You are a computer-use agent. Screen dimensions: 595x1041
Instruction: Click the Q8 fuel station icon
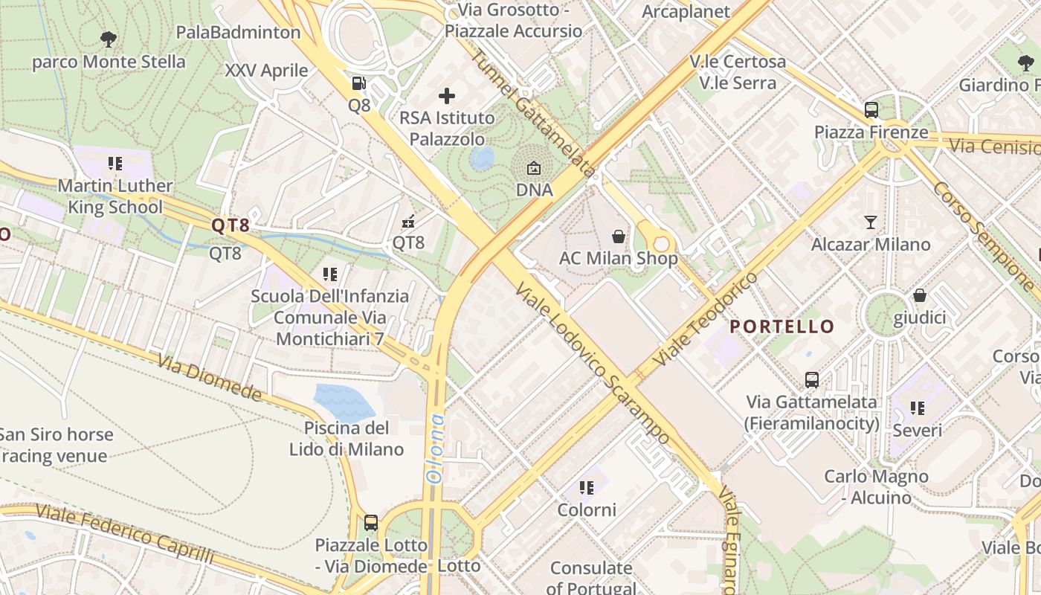coord(359,83)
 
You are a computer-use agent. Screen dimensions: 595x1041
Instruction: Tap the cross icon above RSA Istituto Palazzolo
coord(447,96)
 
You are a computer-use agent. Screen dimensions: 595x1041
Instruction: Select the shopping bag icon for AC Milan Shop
coord(618,237)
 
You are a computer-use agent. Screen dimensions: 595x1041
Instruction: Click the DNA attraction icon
coord(534,169)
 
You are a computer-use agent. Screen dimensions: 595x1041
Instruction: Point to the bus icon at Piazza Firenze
coord(871,110)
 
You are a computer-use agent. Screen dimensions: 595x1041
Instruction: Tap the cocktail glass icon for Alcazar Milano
coord(871,222)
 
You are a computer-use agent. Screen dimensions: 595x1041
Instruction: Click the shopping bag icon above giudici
coord(920,295)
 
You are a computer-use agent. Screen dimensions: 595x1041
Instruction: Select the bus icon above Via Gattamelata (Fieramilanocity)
coord(812,379)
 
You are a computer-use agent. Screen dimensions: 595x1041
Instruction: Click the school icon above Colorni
coord(587,488)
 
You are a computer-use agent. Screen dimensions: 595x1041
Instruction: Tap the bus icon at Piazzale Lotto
coord(371,522)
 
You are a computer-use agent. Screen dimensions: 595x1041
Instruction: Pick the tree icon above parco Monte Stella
coord(109,39)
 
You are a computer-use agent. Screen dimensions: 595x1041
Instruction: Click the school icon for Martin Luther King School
coord(115,163)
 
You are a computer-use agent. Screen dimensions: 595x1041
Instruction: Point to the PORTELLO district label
coord(781,327)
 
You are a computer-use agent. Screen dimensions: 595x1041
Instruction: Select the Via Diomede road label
coord(210,377)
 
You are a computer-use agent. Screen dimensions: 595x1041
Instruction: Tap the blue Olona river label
coord(436,448)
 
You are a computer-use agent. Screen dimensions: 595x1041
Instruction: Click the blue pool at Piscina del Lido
coord(344,403)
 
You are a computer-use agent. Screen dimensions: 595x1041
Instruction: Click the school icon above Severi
coord(918,408)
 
